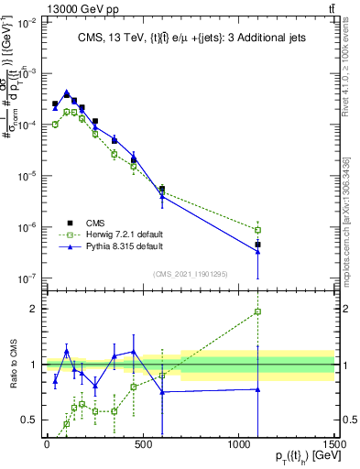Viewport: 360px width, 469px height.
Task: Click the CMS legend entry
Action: pos(96,222)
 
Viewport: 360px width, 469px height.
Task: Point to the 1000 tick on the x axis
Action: pos(238,444)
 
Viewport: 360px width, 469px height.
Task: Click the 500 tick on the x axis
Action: pos(142,444)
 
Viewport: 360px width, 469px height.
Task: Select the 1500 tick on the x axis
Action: pos(333,444)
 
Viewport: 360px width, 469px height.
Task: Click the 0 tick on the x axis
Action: pos(47,444)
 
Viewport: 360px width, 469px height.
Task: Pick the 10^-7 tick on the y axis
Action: pos(25,278)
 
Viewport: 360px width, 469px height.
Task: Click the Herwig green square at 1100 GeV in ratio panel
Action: pos(258,311)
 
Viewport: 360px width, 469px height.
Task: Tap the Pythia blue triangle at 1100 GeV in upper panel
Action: pos(258,251)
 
